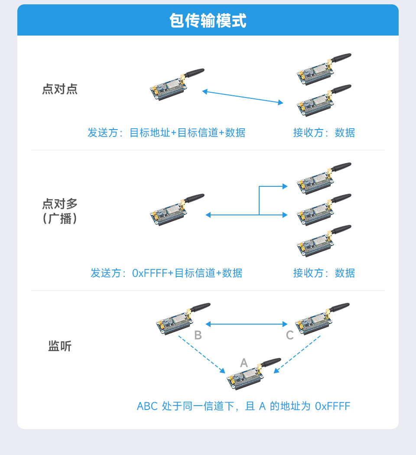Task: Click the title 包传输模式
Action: tap(208, 20)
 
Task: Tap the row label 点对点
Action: tap(60, 89)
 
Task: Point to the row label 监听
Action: tap(60, 346)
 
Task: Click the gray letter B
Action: tap(198, 335)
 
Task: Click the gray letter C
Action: tap(290, 335)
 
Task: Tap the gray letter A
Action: tap(244, 363)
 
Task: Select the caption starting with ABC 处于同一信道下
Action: tap(243, 406)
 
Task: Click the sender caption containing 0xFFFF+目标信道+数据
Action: tap(166, 273)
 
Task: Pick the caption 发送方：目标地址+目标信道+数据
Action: tap(166, 133)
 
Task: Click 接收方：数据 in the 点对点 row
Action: tap(324, 133)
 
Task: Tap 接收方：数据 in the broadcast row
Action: tap(324, 273)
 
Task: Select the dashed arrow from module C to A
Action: tap(297, 354)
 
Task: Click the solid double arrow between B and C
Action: tap(247, 324)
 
